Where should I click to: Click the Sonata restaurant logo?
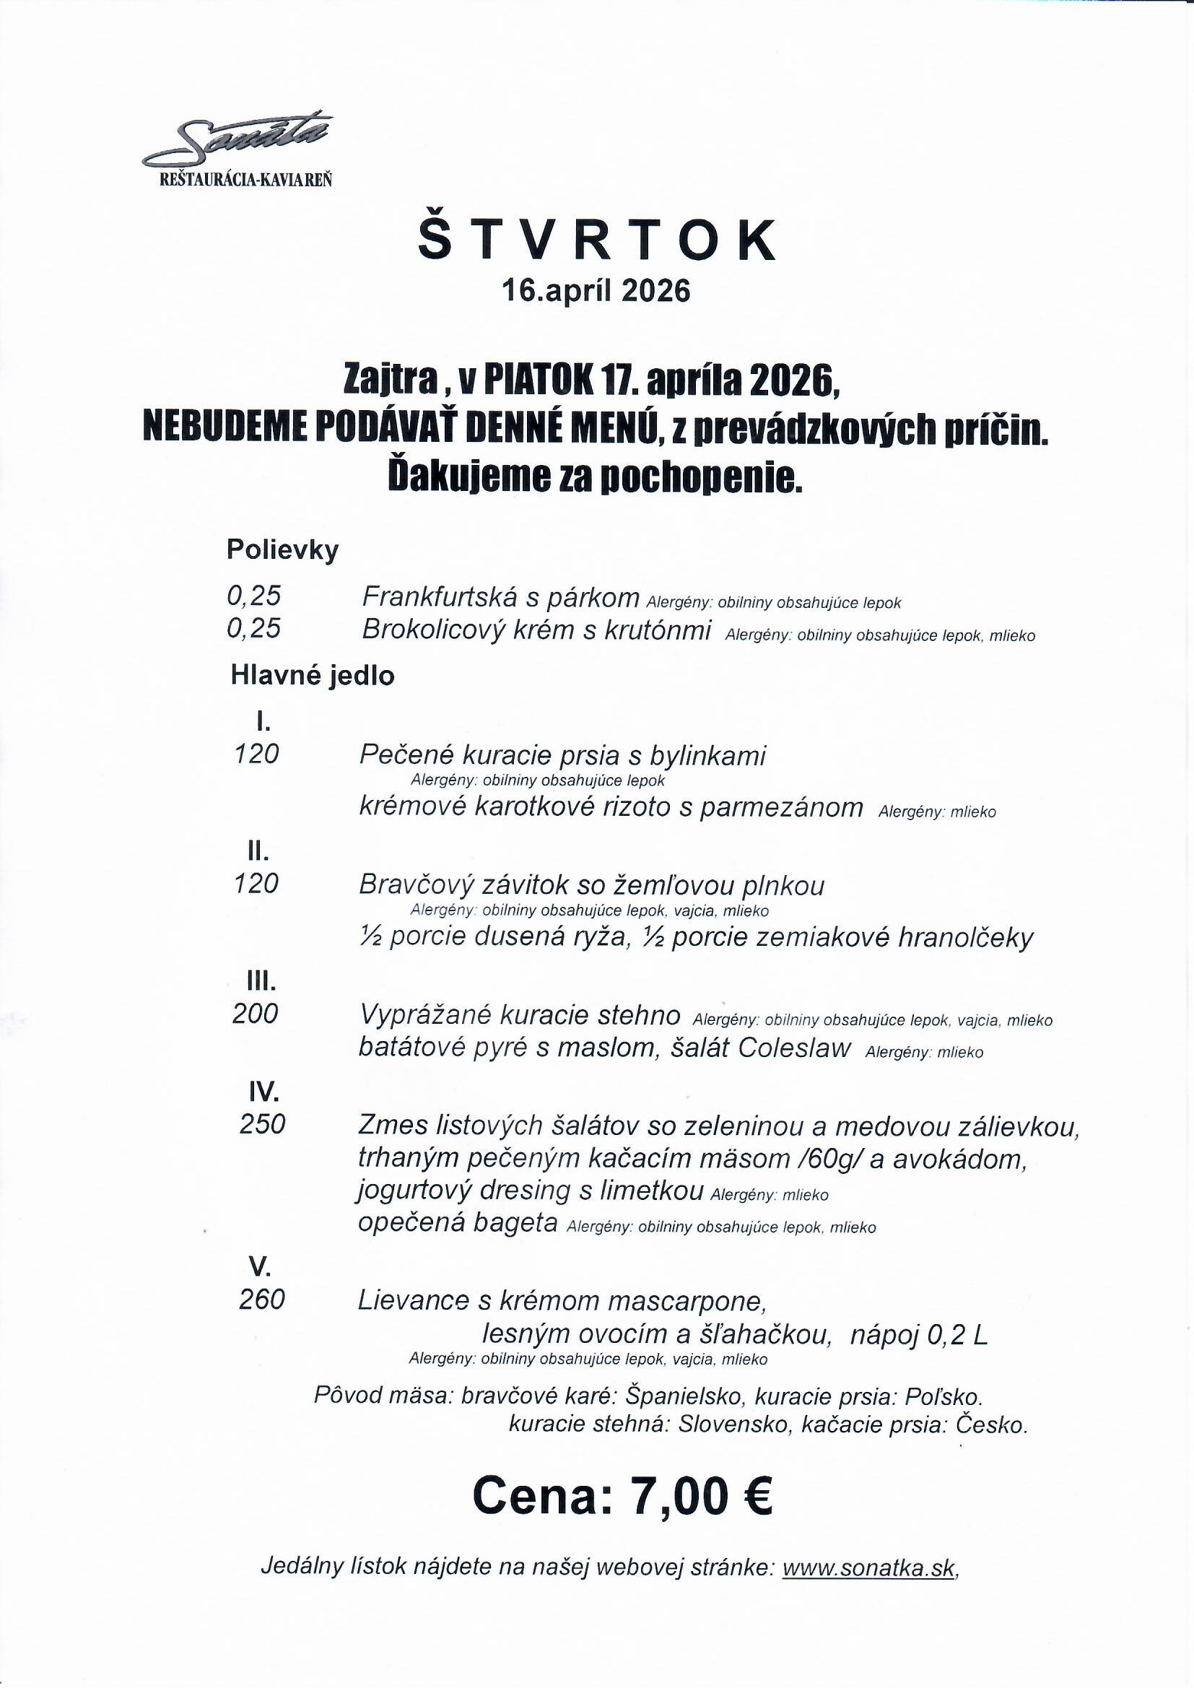[238, 147]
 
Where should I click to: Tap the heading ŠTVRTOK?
[596, 239]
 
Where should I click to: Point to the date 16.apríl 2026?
[596, 292]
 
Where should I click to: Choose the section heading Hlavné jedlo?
[313, 676]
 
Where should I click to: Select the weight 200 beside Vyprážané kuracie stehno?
[255, 1014]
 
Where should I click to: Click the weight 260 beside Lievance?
[262, 1300]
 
